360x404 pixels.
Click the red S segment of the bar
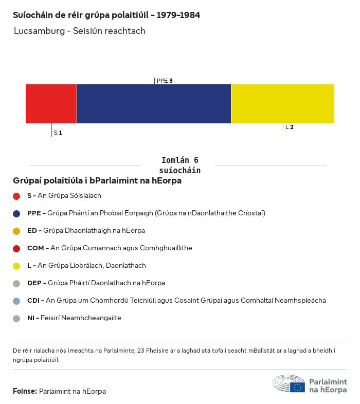[x=51, y=104]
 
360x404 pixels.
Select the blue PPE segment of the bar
[x=154, y=104]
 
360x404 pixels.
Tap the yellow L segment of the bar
[x=283, y=104]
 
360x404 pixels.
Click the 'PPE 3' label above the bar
[x=164, y=81]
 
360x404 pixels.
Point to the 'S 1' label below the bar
[x=58, y=133]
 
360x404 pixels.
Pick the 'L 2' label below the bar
[x=290, y=127]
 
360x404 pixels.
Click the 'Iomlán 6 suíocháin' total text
[x=179, y=165]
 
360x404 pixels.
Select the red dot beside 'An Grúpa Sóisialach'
[x=16, y=196]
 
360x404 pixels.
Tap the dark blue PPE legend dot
[x=16, y=213]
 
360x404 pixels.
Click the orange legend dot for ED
[x=16, y=231]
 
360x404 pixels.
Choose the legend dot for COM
[x=16, y=248]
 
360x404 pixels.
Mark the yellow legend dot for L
[x=16, y=266]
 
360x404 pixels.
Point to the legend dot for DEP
[x=16, y=283]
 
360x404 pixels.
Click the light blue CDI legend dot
[x=16, y=301]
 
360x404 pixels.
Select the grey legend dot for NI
[x=16, y=318]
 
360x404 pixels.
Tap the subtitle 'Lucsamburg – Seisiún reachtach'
[x=80, y=31]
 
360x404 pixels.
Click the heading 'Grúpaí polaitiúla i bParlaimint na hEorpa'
[x=97, y=181]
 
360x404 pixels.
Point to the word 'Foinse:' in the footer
[x=25, y=391]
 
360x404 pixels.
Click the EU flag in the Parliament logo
[x=297, y=387]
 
